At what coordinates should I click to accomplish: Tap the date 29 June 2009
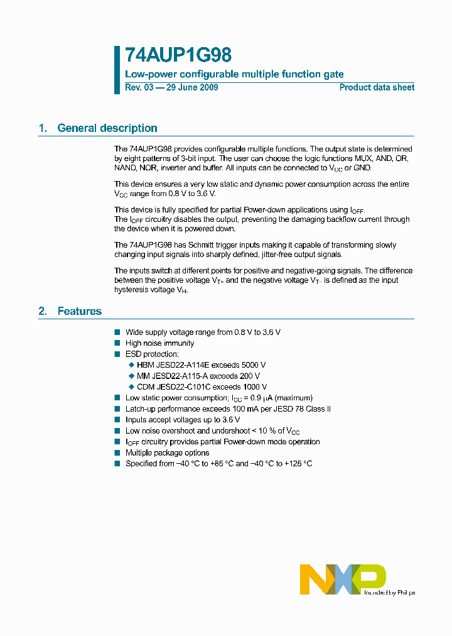click(x=192, y=87)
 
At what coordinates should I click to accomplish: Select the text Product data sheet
click(x=377, y=87)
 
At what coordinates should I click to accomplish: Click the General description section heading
click(x=107, y=128)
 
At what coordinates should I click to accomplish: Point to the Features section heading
click(x=80, y=311)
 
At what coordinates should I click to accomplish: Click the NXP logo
click(x=343, y=579)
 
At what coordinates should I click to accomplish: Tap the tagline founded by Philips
click(x=390, y=593)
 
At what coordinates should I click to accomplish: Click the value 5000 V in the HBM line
click(x=254, y=365)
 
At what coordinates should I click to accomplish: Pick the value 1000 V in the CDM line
click(x=256, y=387)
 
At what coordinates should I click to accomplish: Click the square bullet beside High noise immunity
click(x=117, y=343)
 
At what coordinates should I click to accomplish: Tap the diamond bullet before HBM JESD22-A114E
click(x=131, y=365)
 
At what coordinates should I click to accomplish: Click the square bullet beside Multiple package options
click(x=117, y=452)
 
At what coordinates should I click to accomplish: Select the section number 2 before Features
click(x=42, y=311)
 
